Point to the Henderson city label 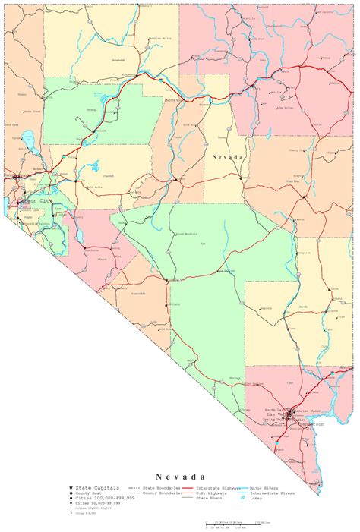[312, 426]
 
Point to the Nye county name [202, 244]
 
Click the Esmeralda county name [139, 292]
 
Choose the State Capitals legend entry [96, 486]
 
